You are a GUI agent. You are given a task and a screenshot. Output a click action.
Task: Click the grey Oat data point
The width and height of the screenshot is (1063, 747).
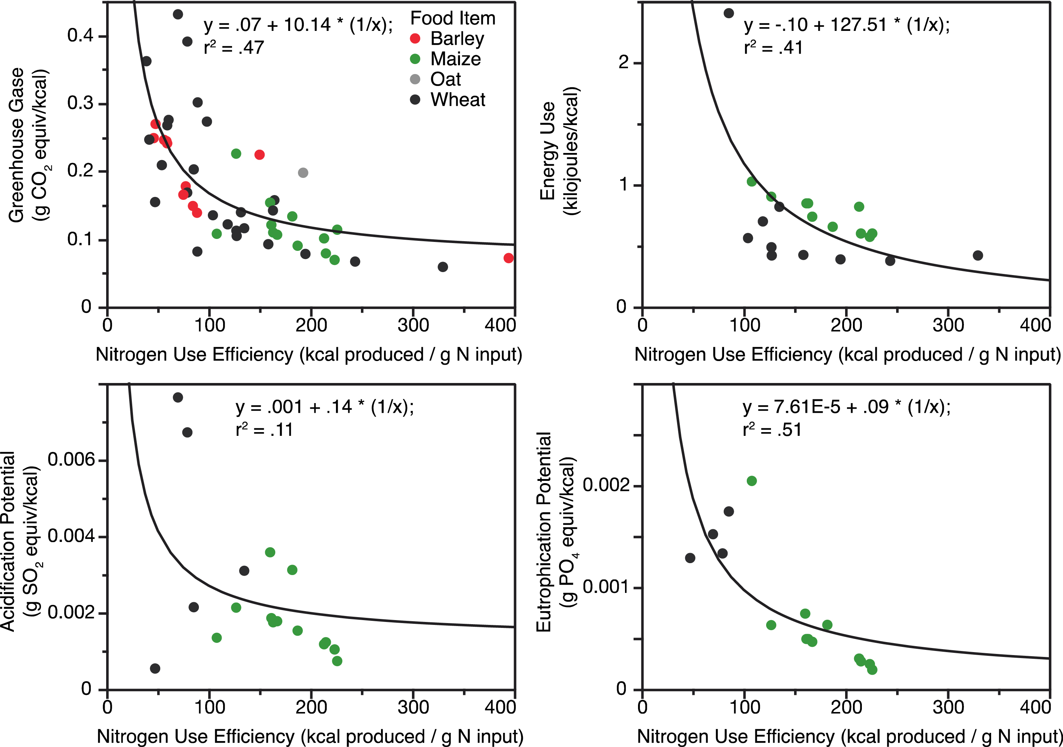[303, 173]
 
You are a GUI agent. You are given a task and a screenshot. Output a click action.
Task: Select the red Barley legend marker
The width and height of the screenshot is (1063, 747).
[415, 39]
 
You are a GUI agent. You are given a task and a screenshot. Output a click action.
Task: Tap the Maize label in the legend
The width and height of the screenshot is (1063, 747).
[455, 59]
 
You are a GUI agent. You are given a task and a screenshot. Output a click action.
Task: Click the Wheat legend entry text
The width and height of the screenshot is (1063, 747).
[457, 100]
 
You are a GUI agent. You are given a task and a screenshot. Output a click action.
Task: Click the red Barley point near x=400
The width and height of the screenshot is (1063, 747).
[508, 258]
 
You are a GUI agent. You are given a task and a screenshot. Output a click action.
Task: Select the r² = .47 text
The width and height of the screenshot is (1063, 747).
[234, 48]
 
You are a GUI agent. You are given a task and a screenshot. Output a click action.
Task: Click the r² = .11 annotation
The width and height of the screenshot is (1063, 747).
[264, 430]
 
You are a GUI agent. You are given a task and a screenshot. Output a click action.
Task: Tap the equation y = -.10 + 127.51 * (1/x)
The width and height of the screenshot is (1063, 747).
[846, 25]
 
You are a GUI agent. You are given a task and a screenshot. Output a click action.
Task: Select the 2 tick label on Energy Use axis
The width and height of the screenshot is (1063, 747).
[623, 62]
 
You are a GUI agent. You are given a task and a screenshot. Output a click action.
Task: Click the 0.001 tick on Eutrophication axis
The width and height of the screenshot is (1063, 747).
[606, 587]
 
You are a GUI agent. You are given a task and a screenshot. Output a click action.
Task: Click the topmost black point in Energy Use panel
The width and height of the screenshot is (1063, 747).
[728, 13]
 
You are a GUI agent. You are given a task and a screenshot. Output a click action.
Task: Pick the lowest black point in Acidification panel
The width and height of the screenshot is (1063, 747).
[155, 668]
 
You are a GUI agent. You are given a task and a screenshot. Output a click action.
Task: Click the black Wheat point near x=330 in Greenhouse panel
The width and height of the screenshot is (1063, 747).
[442, 267]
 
